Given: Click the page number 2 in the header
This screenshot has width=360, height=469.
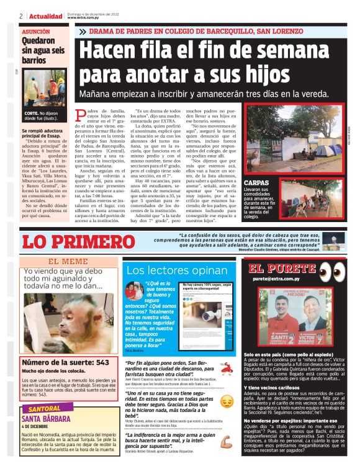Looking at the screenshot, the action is click(21, 16).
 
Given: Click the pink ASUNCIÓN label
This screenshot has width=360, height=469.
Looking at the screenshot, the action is click(36, 30).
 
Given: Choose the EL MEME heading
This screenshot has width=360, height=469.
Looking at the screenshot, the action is click(68, 261).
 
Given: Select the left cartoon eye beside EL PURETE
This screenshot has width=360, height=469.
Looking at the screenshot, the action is click(320, 270).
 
